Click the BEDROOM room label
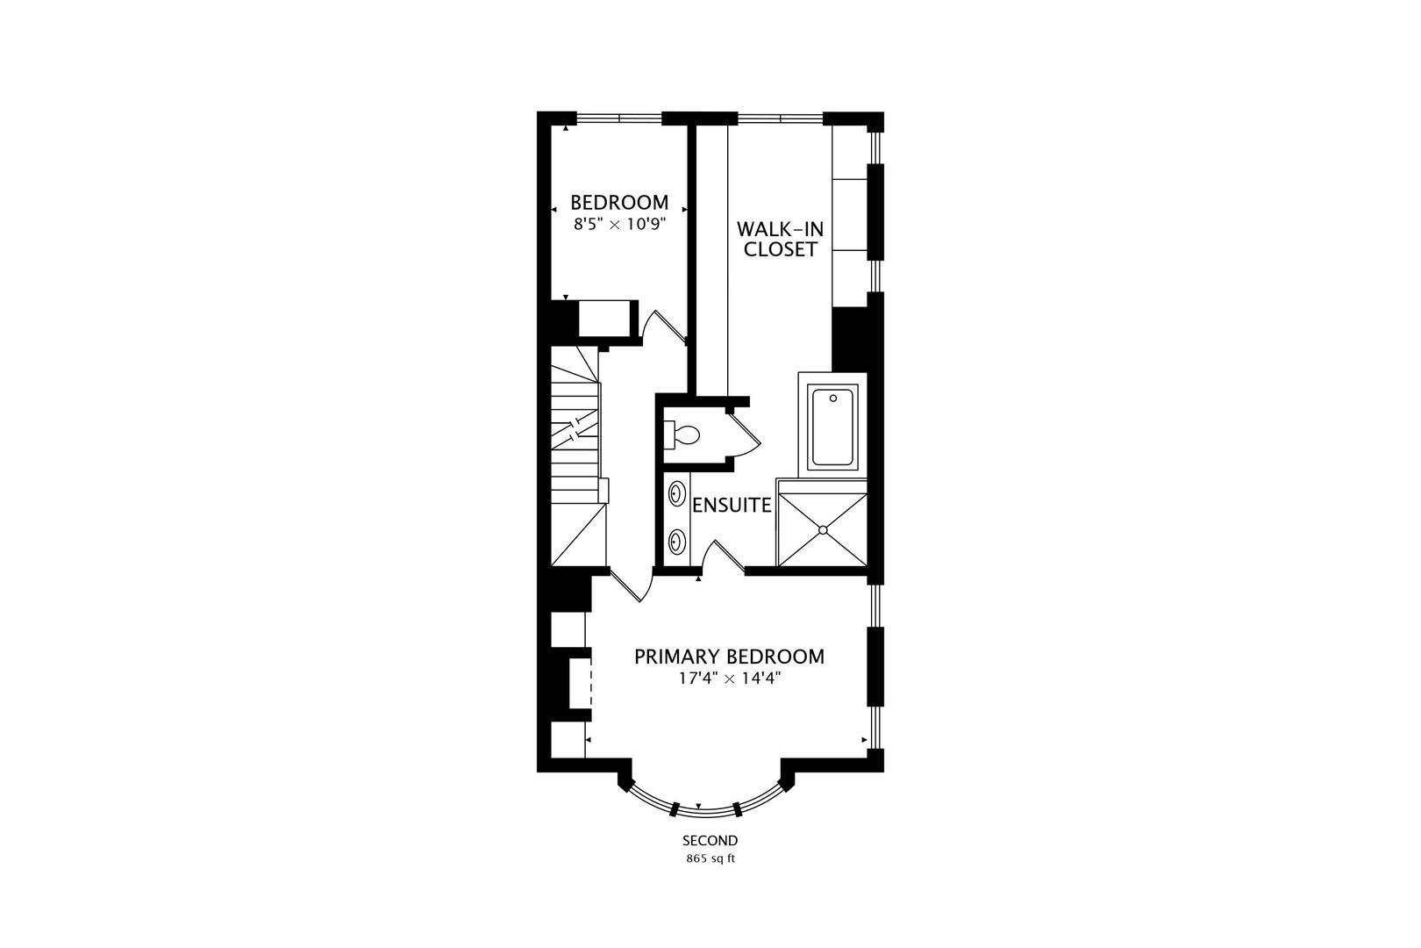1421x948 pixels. [619, 203]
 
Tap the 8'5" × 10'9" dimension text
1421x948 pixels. [619, 224]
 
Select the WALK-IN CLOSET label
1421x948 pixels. [780, 239]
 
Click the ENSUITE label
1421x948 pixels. [732, 506]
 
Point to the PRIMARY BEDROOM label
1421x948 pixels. [729, 657]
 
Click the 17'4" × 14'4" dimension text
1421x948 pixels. [729, 678]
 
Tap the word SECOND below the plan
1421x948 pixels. [710, 840]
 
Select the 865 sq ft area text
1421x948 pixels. [710, 858]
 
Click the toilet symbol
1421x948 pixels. [682, 434]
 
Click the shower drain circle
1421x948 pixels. [822, 529]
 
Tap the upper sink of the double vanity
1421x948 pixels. [677, 493]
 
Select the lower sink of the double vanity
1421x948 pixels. [677, 539]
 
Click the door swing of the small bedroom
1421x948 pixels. [660, 326]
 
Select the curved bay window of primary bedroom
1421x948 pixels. [699, 801]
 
